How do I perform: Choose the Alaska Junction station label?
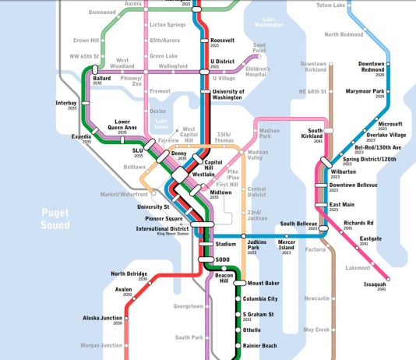point(104,318)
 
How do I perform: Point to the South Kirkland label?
point(315,133)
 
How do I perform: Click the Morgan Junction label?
point(100,345)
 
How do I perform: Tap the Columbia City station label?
point(261,298)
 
